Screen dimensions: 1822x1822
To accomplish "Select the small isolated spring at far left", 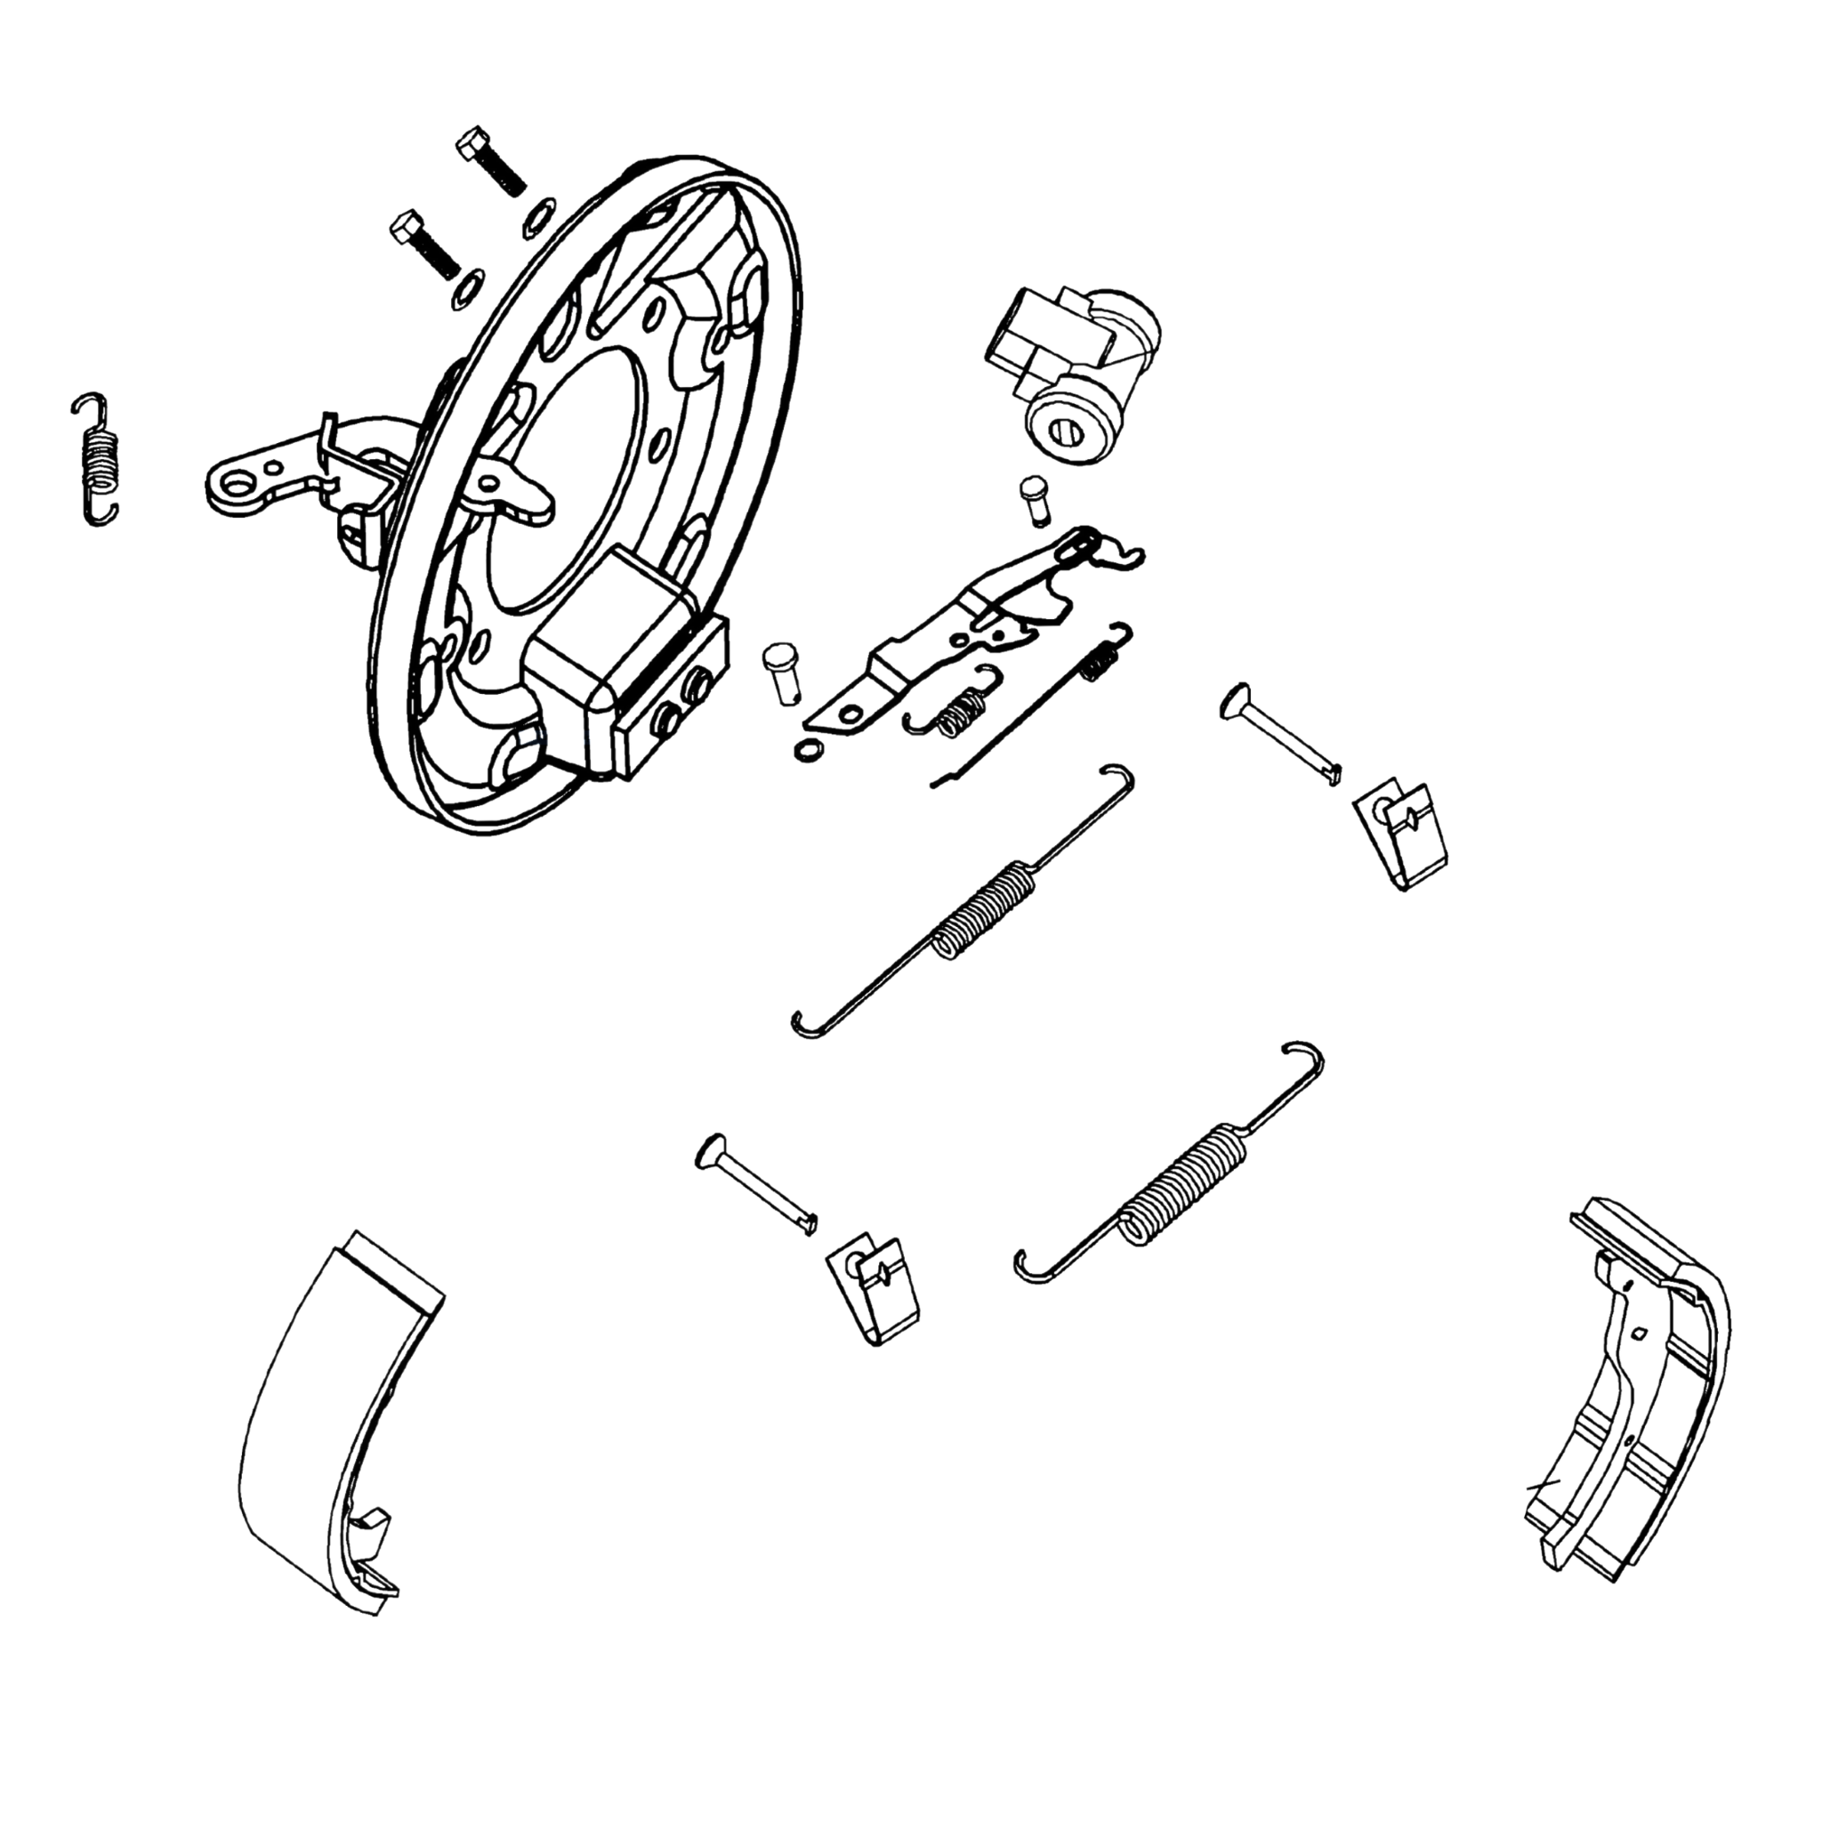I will coord(98,459).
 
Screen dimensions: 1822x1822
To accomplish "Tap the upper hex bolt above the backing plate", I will coord(490,161).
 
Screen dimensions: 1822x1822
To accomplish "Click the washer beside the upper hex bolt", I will coord(537,216).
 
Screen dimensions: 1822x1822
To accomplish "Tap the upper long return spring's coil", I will coord(986,911).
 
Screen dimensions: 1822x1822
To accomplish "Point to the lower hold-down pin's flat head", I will coord(709,1153).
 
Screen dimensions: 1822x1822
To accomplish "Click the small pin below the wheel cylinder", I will coord(1035,501).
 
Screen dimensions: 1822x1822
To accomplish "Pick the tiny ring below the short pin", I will coord(808,750).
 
